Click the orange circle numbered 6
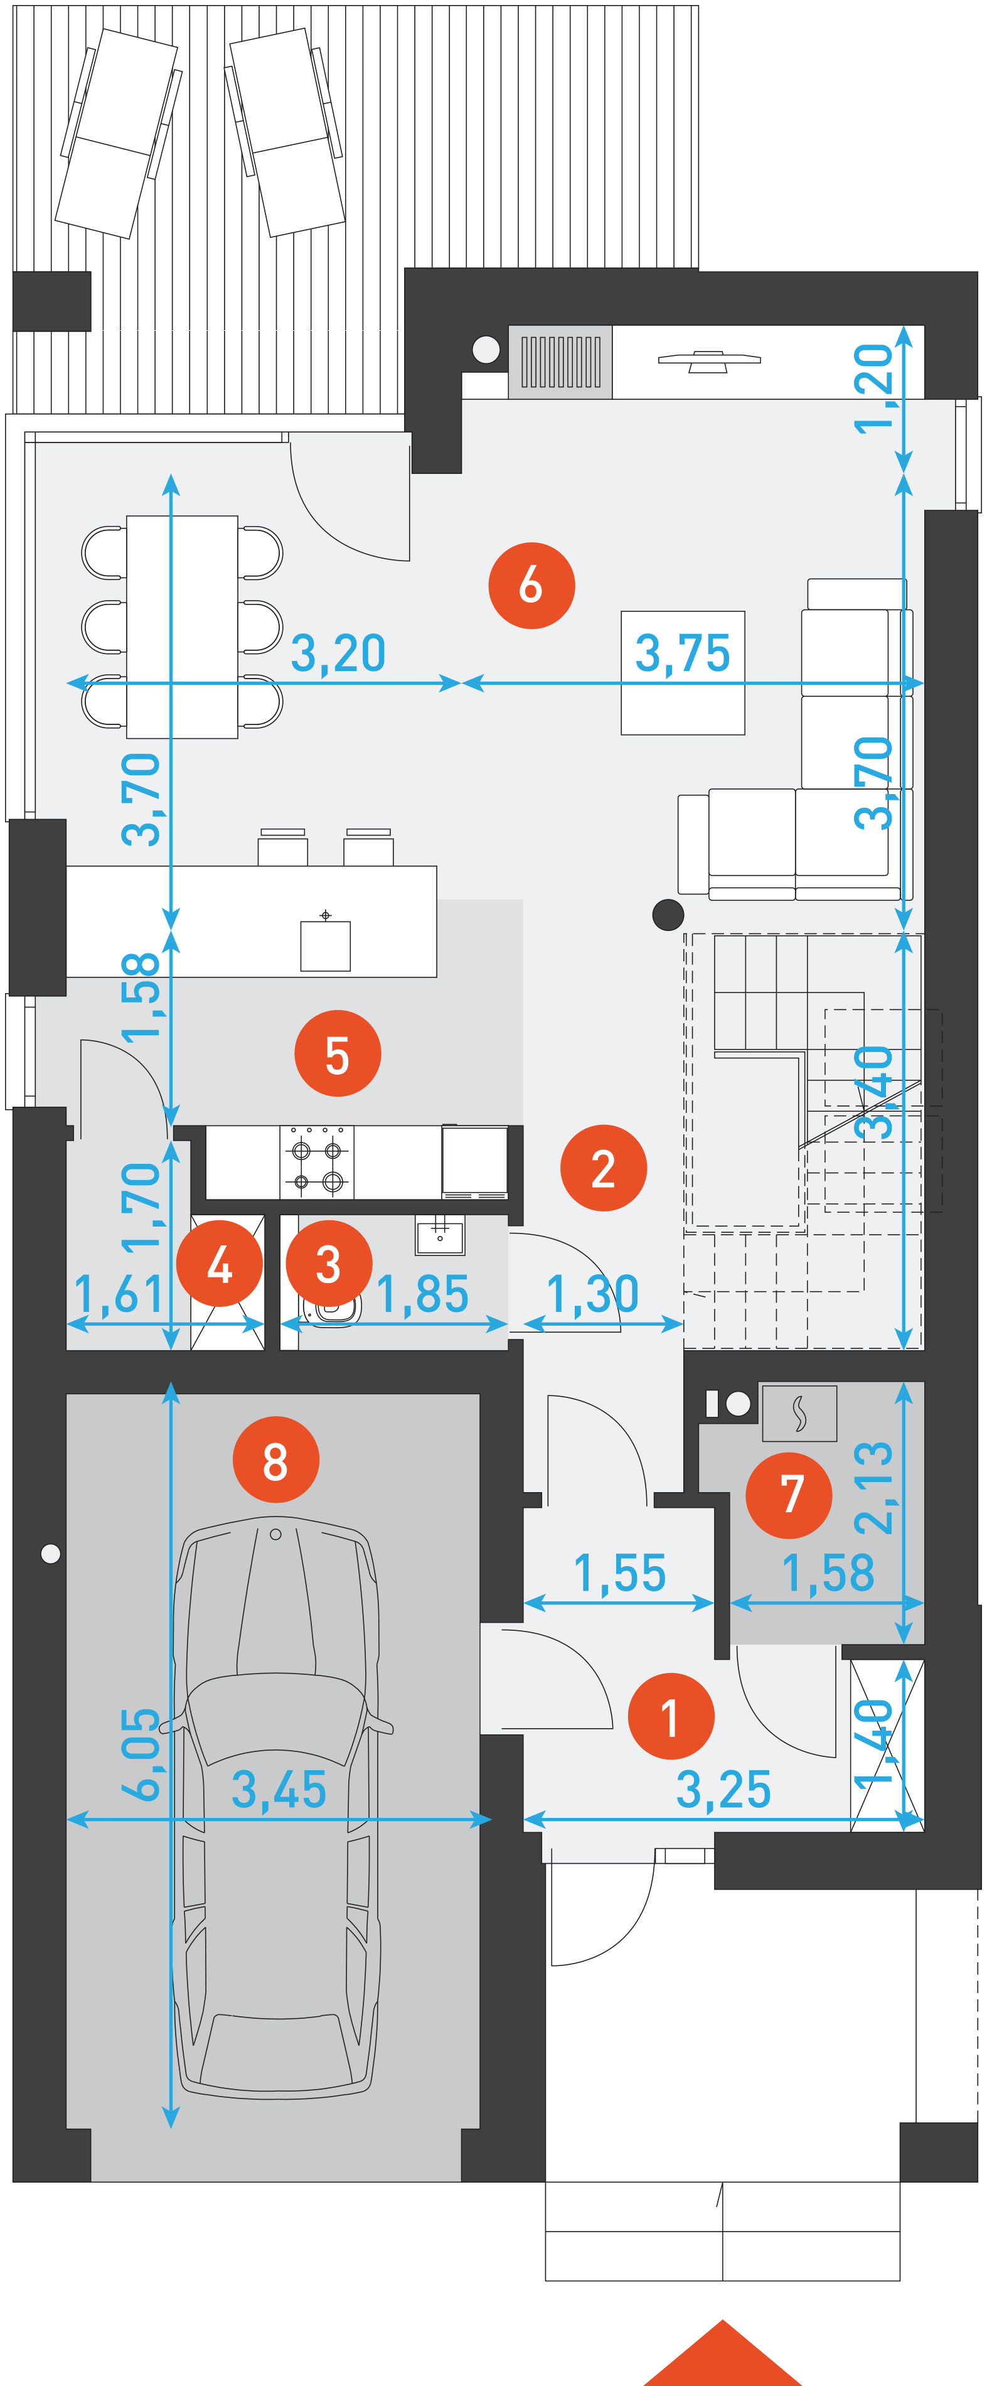(x=531, y=586)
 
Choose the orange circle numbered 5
(x=338, y=1053)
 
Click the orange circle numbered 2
(x=604, y=1168)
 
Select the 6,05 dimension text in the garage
(x=141, y=1753)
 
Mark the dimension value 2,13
(x=873, y=1488)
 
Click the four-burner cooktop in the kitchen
(x=317, y=1163)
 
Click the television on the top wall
(x=709, y=360)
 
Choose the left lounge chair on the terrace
(x=119, y=132)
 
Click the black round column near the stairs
(x=668, y=914)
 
